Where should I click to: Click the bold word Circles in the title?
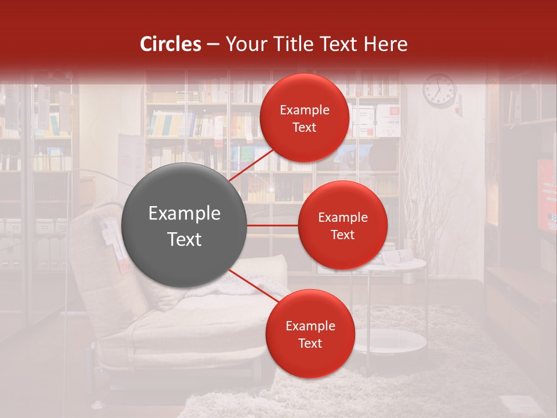tap(171, 44)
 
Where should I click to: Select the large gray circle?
tap(184, 226)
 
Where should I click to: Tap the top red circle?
tap(305, 118)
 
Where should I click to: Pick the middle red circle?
tap(342, 225)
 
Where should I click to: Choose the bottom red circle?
tap(310, 334)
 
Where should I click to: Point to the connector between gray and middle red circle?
tap(272, 225)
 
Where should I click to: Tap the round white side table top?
tap(400, 264)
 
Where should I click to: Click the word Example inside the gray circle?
tap(184, 214)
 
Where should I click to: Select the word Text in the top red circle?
tap(305, 127)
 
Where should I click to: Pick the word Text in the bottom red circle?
tap(310, 343)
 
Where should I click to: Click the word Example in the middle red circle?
tap(342, 217)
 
